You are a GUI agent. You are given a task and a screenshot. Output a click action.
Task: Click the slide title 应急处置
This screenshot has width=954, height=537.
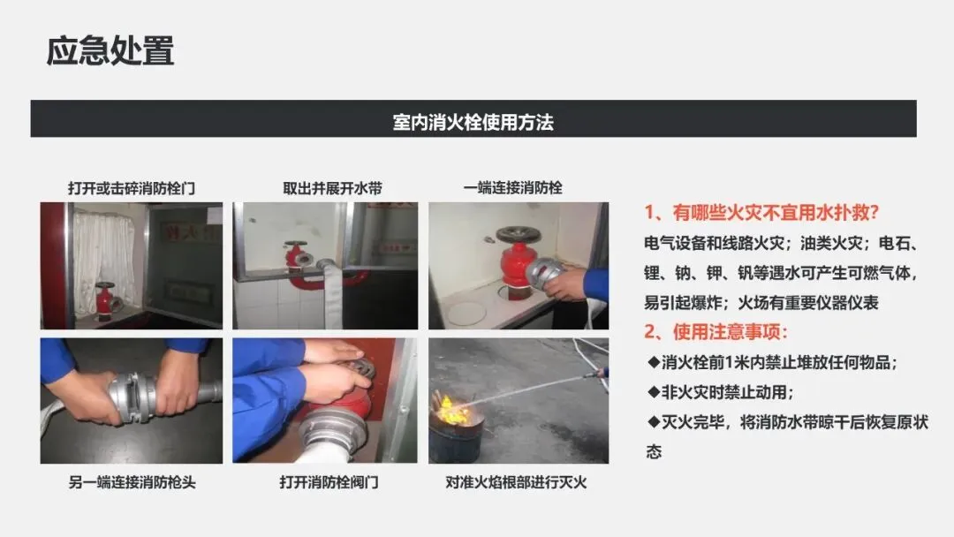click(x=110, y=50)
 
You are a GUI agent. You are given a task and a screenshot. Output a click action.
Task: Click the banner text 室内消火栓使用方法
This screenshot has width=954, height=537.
click(x=473, y=122)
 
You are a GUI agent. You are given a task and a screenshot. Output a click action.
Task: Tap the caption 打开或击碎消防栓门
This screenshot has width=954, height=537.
click(x=132, y=188)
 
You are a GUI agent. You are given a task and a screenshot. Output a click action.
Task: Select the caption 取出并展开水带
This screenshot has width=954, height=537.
click(x=332, y=188)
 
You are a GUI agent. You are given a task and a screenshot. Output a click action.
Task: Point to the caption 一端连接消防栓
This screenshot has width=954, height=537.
click(x=512, y=188)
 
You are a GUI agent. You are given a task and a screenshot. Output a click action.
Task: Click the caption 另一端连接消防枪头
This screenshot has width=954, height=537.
click(x=132, y=482)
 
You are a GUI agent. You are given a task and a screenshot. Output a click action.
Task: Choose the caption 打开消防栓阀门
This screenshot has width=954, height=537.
click(x=329, y=482)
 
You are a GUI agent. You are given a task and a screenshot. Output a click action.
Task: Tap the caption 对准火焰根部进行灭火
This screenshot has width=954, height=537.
click(x=516, y=482)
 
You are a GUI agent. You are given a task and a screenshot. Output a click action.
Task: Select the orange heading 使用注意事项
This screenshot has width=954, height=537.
click(x=731, y=331)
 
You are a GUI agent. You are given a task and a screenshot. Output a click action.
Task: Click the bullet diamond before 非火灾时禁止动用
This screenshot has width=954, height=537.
click(x=654, y=391)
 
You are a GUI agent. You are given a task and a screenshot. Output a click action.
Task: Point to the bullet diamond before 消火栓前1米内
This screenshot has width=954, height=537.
click(x=654, y=362)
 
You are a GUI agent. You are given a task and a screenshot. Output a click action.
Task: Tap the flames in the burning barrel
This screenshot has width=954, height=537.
click(x=452, y=411)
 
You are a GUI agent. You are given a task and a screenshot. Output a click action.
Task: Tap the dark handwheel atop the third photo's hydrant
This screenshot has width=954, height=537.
click(x=519, y=234)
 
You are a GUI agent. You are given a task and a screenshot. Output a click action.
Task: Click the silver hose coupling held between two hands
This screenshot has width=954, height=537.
click(x=133, y=397)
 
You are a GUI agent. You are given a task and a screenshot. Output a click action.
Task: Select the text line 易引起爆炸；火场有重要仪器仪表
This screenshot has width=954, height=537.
click(x=761, y=302)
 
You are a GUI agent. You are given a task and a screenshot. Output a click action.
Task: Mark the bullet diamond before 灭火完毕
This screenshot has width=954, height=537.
click(x=654, y=420)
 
